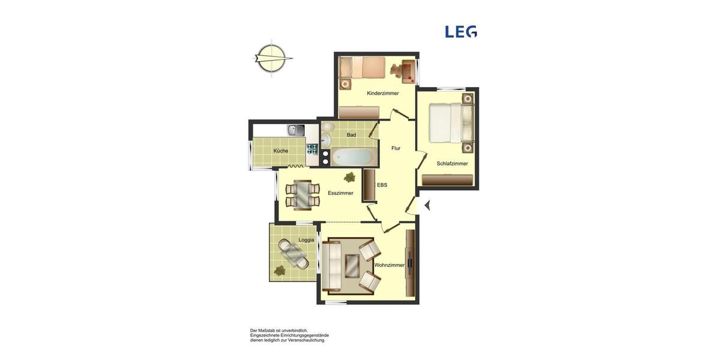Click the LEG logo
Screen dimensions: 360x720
pyautogui.click(x=461, y=32)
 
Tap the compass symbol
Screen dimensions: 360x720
pyautogui.click(x=271, y=58)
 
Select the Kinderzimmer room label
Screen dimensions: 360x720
pyautogui.click(x=383, y=93)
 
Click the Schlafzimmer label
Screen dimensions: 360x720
pyautogui.click(x=452, y=163)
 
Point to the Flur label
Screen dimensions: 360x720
pyautogui.click(x=396, y=148)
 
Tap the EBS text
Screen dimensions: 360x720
pyautogui.click(x=382, y=185)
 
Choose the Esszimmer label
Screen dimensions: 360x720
pyautogui.click(x=340, y=193)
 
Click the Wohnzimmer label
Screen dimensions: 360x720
pyautogui.click(x=389, y=265)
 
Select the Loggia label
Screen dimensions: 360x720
pyautogui.click(x=306, y=240)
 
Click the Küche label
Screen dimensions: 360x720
pyautogui.click(x=281, y=151)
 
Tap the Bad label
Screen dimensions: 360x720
pyautogui.click(x=351, y=135)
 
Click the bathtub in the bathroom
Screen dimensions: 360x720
pyautogui.click(x=353, y=157)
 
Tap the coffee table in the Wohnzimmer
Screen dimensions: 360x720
pyautogui.click(x=352, y=265)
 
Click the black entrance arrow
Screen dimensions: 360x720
pyautogui.click(x=427, y=205)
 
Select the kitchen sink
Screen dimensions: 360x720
pyautogui.click(x=296, y=130)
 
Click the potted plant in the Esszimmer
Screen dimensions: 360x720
pyautogui.click(x=350, y=177)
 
